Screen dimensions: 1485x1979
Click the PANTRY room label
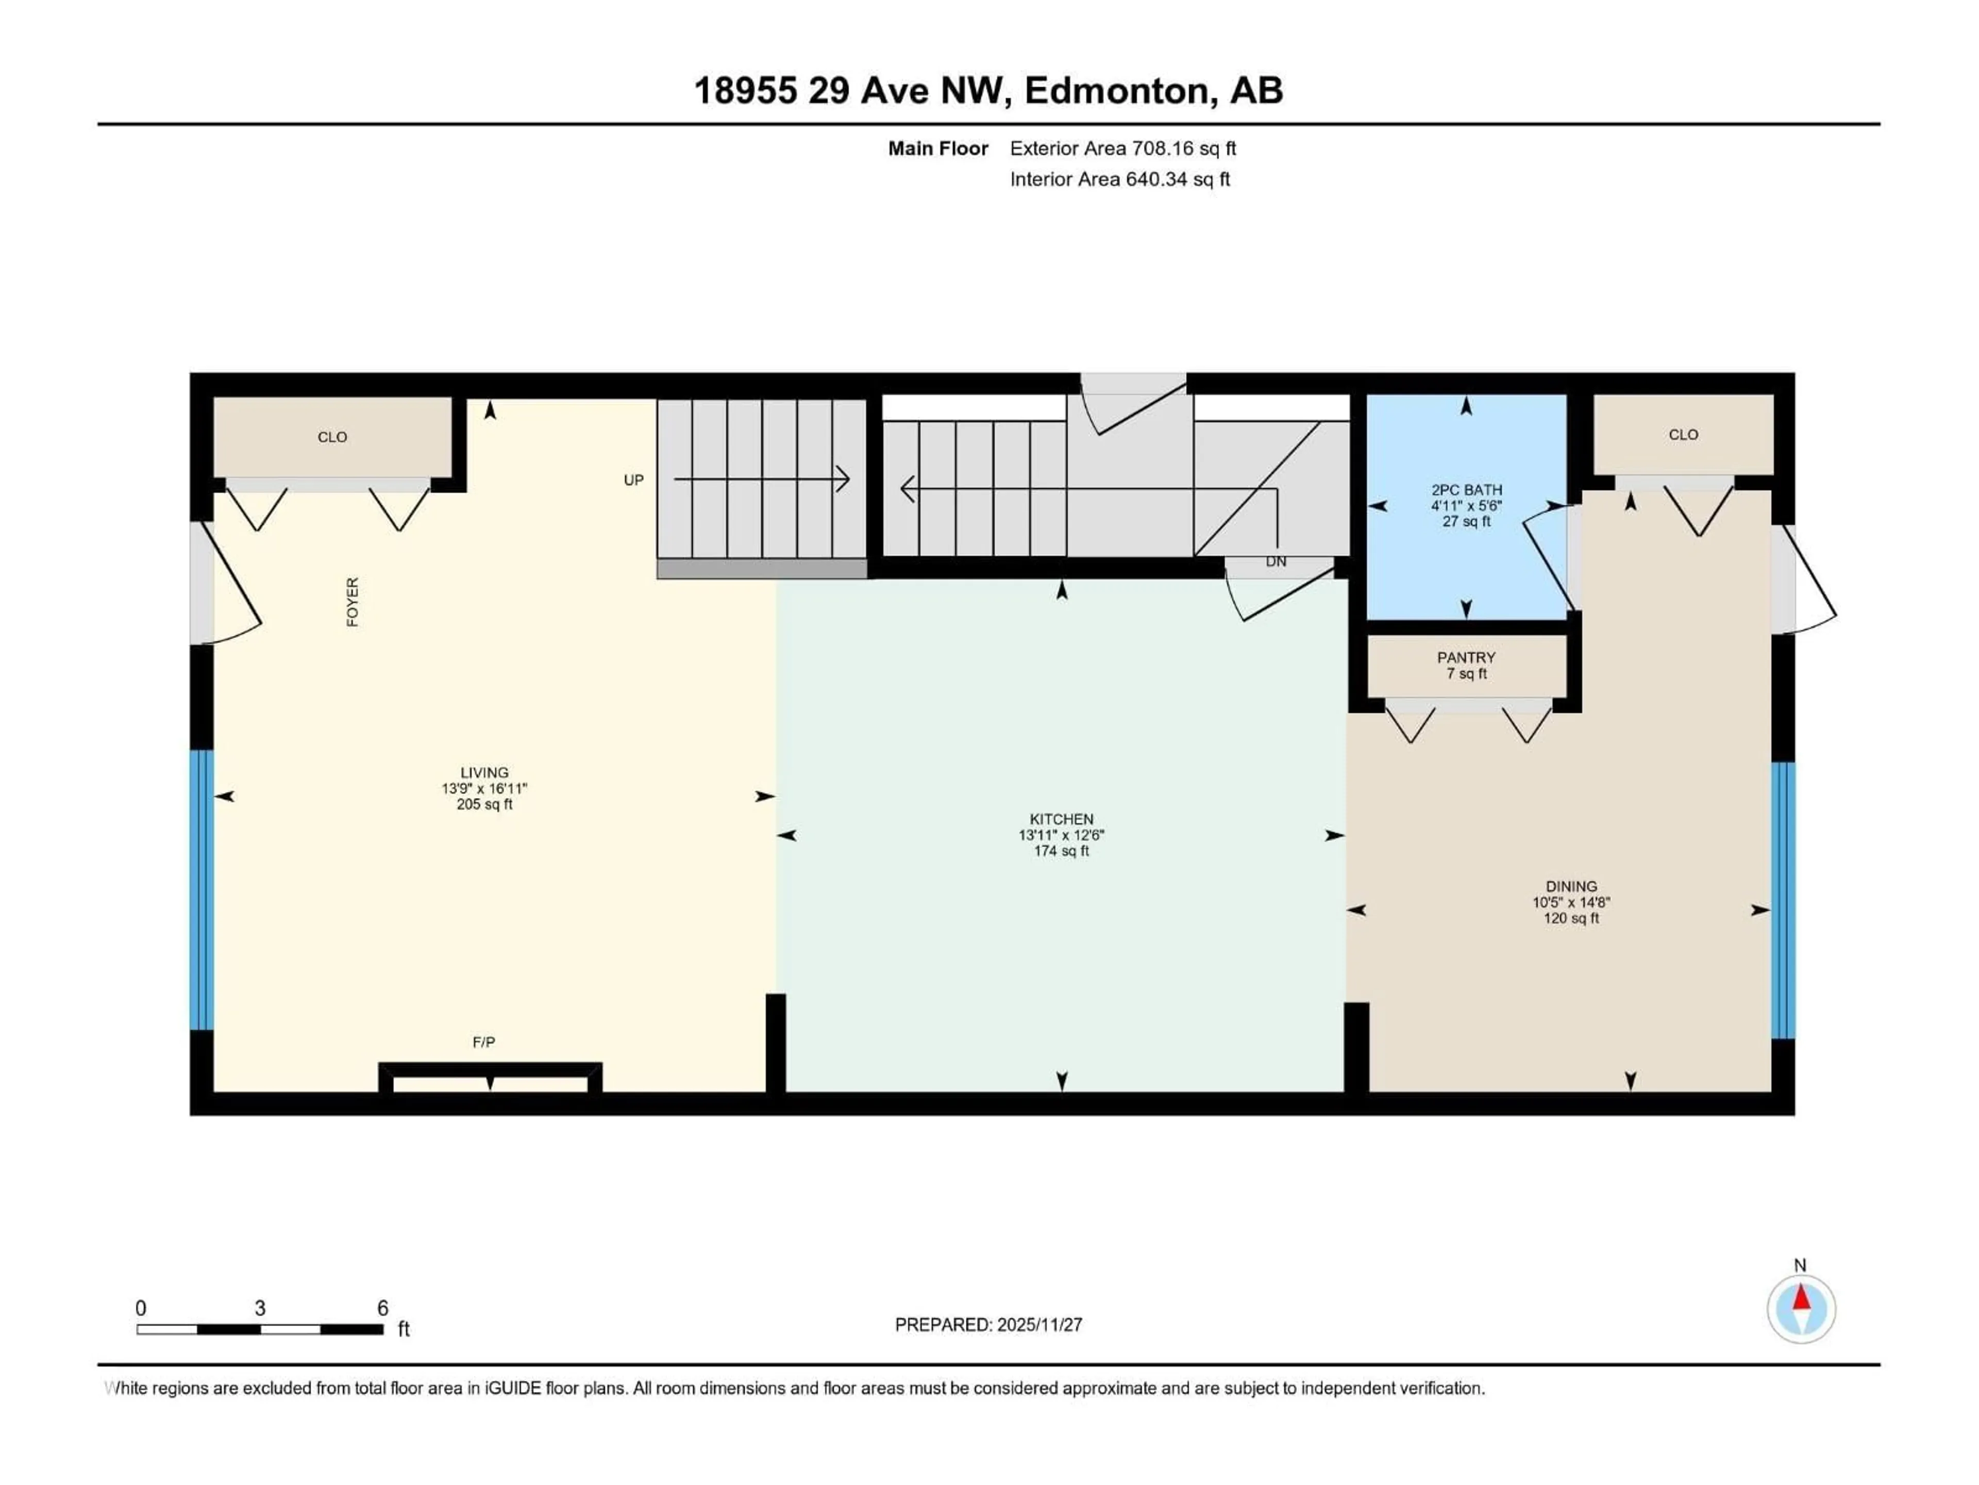click(x=1466, y=657)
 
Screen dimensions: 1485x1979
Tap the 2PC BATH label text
click(x=1466, y=490)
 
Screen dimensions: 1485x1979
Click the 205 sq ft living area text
click(x=484, y=804)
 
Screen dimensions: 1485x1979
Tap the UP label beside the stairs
click(x=633, y=480)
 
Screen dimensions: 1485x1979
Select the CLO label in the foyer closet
click(x=332, y=437)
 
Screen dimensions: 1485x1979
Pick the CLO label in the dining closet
click(x=1683, y=434)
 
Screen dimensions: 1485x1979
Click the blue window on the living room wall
click(x=202, y=890)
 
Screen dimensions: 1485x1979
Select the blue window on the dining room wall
click(x=1783, y=900)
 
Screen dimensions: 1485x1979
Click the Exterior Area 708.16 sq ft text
click(x=1123, y=148)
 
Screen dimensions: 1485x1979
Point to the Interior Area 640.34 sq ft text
click(x=1119, y=179)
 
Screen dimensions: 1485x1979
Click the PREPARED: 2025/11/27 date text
click(x=988, y=1325)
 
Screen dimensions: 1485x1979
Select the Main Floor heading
click(x=937, y=148)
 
